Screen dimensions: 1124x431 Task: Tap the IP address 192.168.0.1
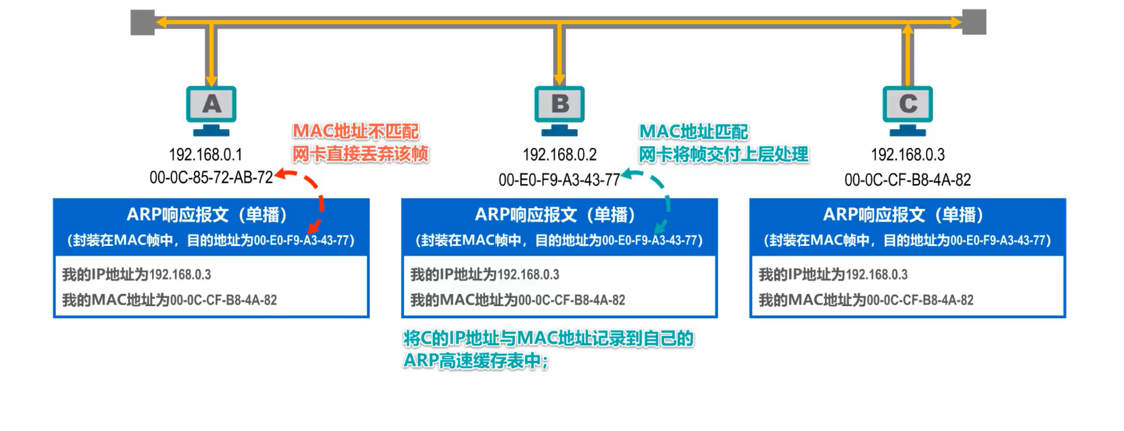[205, 154]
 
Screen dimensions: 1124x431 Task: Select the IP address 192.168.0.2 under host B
[559, 154]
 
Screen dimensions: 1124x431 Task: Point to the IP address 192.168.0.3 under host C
[907, 154]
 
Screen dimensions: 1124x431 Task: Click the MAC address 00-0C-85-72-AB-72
[211, 177]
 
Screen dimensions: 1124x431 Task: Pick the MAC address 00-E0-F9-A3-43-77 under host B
[559, 180]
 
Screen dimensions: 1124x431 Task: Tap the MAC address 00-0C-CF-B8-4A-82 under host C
[907, 180]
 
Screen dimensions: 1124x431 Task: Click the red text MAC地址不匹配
[355, 131]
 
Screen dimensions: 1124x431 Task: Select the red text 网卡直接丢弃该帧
[360, 154]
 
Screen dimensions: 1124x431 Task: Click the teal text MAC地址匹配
[693, 131]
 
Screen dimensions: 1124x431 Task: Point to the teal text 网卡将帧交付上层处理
[723, 154]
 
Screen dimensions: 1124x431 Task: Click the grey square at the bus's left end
[143, 22]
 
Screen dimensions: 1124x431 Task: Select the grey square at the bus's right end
[974, 22]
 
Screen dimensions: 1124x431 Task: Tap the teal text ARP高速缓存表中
[475, 361]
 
